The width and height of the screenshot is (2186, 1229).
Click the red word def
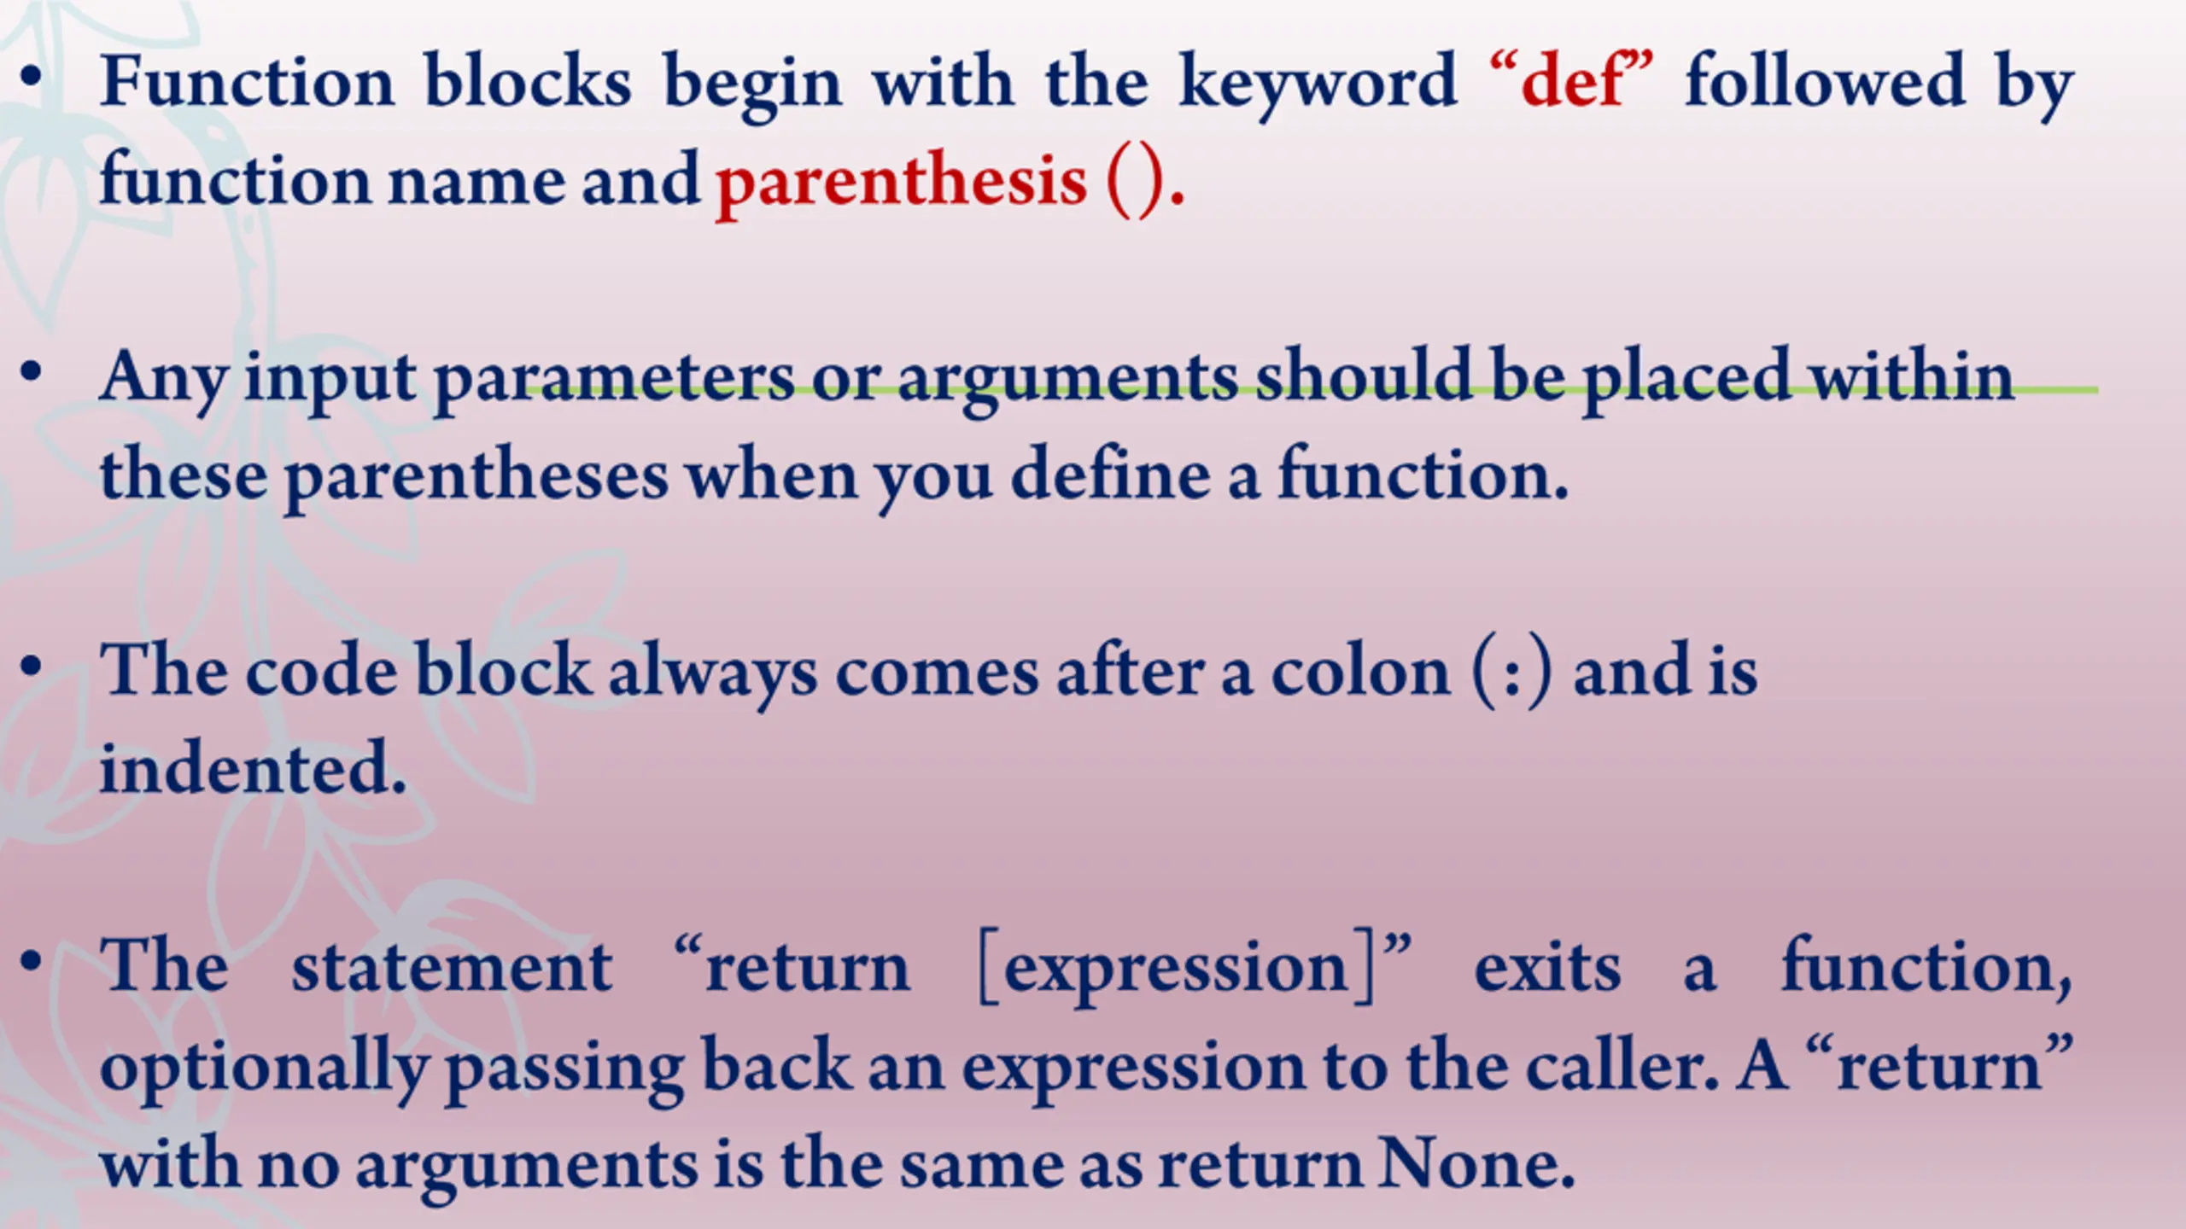coord(1572,82)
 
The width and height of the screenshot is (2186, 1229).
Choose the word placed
coord(1686,380)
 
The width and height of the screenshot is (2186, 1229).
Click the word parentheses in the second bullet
coord(476,478)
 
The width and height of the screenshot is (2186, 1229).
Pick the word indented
coord(253,767)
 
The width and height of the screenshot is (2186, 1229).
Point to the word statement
coord(452,969)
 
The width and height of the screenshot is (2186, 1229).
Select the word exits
coord(1547,969)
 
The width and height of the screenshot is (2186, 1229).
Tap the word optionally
coord(264,1070)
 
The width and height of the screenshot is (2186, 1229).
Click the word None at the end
coord(1476,1163)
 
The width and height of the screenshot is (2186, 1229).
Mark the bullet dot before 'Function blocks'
coord(32,77)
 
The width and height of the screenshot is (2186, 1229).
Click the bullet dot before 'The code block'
coord(32,667)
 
